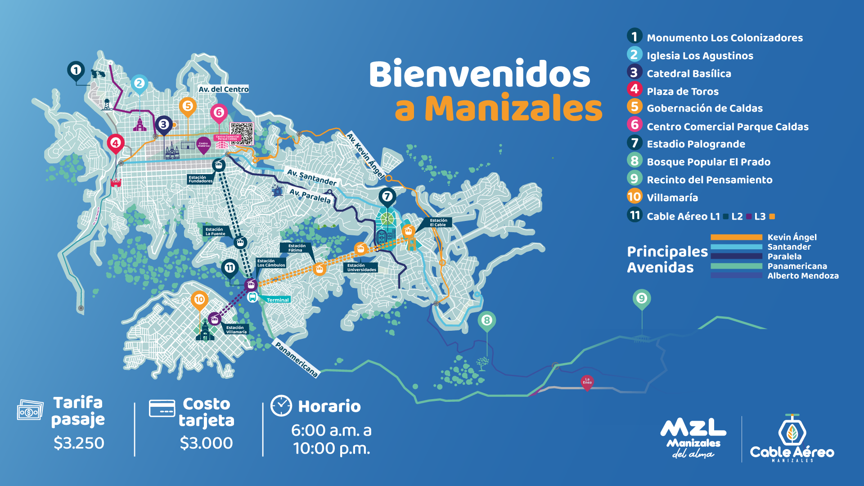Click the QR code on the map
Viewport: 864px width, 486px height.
pos(242,134)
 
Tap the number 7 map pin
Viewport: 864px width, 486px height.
pos(387,197)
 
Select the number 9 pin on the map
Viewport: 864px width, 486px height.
pos(641,298)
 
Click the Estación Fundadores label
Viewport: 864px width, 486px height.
pos(200,179)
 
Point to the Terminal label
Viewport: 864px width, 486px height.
pos(277,300)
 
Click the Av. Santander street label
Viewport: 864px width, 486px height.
pos(312,177)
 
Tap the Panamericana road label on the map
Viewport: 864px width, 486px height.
pos(297,359)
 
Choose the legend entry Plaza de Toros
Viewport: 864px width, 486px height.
pos(682,91)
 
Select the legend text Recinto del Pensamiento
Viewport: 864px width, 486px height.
pos(709,180)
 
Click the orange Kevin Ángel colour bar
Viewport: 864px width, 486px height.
pos(736,237)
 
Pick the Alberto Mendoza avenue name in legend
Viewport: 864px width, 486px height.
pos(803,276)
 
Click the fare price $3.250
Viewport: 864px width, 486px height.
pos(79,443)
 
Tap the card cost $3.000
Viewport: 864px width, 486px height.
pos(206,443)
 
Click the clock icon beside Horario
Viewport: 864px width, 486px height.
pos(281,405)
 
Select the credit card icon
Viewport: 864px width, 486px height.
pos(162,408)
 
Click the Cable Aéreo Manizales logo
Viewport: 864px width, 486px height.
pos(792,439)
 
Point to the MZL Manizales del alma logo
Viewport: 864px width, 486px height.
pos(693,438)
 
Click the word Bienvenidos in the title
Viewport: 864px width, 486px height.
pos(479,74)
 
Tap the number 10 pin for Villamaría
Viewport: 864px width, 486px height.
pos(199,300)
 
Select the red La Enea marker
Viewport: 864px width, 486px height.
pos(587,382)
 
